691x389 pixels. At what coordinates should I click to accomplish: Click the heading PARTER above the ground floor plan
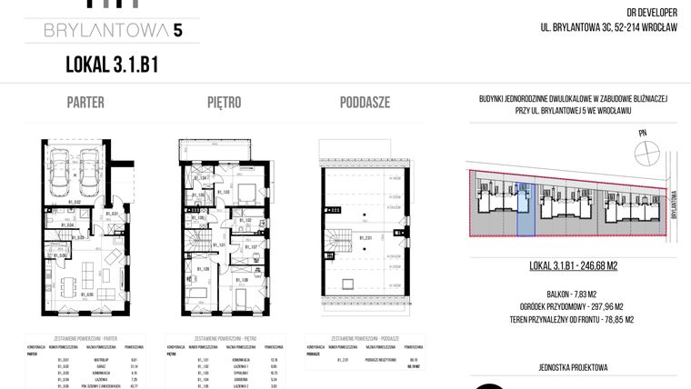[x=85, y=102]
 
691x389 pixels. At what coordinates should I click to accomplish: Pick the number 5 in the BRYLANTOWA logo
[x=178, y=31]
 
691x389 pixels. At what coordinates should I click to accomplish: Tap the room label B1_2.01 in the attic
[x=365, y=238]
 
